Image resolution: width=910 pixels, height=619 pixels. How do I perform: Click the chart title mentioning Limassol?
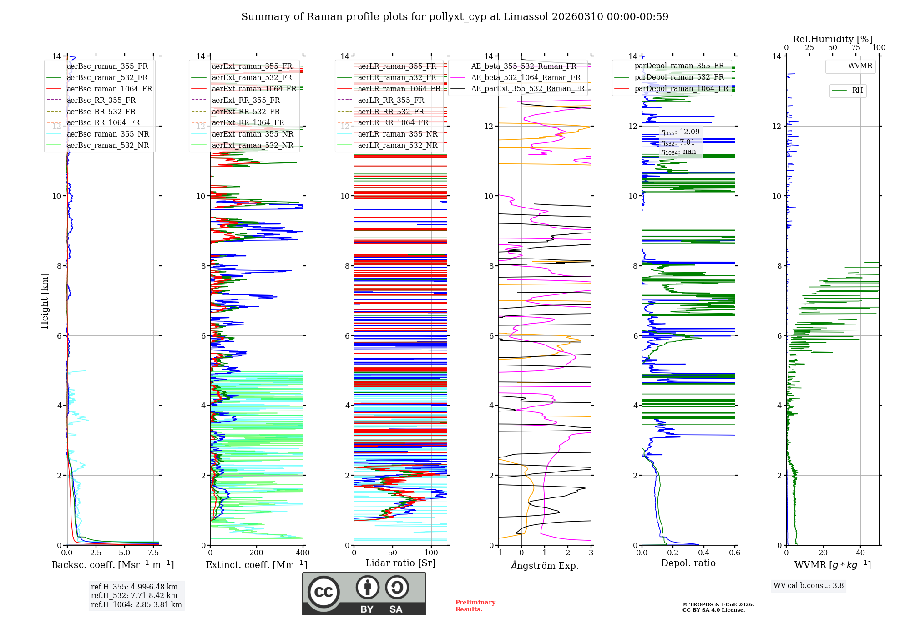455,17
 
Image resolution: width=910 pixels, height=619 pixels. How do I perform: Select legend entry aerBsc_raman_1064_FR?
109,89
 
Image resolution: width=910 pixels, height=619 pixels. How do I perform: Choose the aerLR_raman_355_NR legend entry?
397,134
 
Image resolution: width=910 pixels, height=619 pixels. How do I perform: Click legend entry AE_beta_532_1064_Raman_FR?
526,77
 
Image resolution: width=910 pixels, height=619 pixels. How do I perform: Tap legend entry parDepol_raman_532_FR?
679,77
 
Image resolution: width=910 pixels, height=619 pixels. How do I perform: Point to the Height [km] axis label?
45,300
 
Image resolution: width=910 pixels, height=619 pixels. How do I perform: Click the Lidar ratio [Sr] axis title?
400,563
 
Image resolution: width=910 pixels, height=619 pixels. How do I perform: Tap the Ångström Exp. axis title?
545,565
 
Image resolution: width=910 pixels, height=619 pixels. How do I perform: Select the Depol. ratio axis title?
688,563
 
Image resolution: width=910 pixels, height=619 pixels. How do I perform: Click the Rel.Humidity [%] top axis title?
832,39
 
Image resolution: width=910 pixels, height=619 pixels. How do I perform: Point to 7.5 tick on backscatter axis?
153,553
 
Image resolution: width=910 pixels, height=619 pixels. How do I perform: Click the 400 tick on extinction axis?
303,553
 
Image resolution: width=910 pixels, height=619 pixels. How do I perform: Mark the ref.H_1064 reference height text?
136,604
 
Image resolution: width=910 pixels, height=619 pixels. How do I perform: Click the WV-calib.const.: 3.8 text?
808,585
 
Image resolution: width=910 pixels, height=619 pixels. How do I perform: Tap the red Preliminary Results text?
475,605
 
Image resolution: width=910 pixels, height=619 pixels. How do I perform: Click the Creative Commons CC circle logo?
324,592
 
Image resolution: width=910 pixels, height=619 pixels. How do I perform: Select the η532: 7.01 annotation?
678,142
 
